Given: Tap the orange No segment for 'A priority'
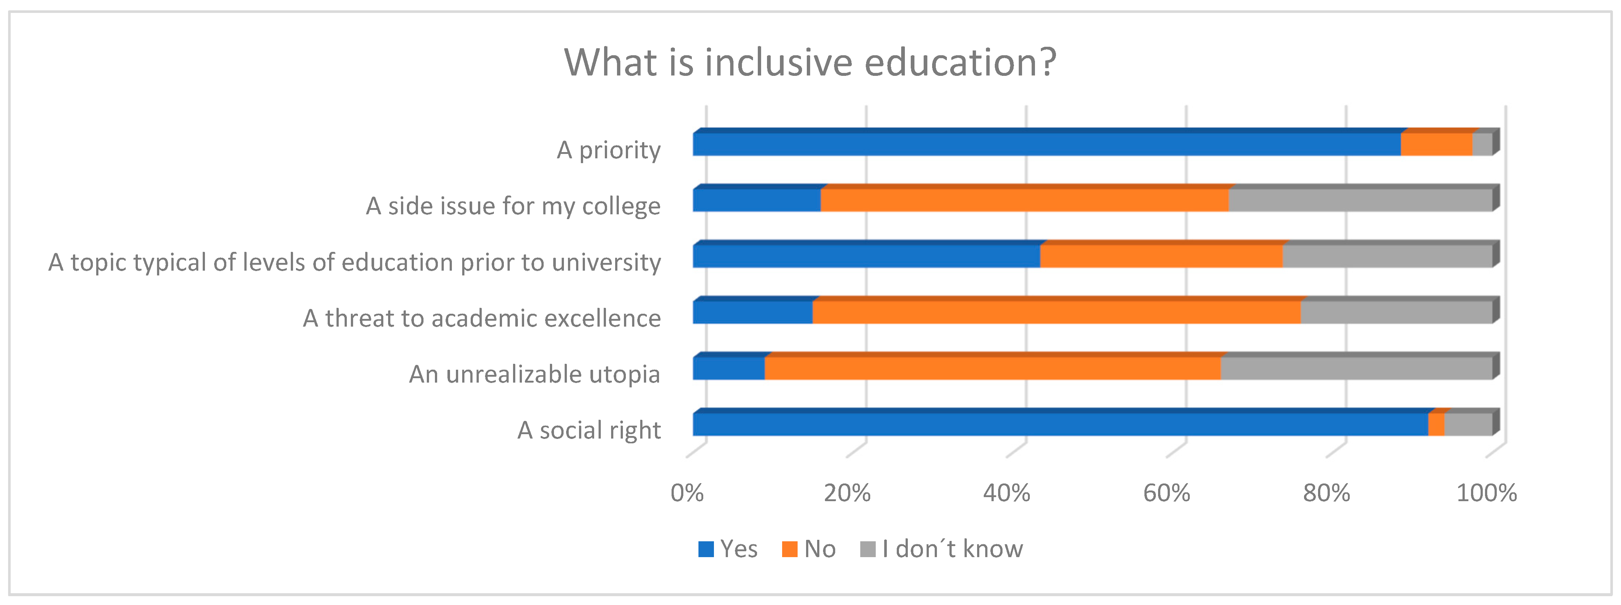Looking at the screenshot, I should pyautogui.click(x=1436, y=144).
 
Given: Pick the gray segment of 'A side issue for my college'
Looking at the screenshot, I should pyautogui.click(x=1360, y=200).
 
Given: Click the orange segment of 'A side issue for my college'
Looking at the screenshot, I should pyautogui.click(x=1024, y=200).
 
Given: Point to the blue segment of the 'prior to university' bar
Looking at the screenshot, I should pyautogui.click(x=866, y=256).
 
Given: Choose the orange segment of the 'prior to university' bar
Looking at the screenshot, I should pyautogui.click(x=1161, y=256).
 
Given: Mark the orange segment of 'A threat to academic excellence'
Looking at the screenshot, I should pyautogui.click(x=1056, y=312).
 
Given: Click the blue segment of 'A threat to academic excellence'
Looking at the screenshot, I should pyautogui.click(x=753, y=312).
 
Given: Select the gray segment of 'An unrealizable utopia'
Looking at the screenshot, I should pyautogui.click(x=1356, y=368).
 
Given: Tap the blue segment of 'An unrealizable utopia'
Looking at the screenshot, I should pyautogui.click(x=729, y=368).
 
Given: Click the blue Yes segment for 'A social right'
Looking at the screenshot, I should pyautogui.click(x=1060, y=424).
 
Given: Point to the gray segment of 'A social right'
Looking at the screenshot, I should pyautogui.click(x=1468, y=424).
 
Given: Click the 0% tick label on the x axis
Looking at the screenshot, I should pyautogui.click(x=687, y=493).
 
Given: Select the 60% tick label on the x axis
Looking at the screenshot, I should pyautogui.click(x=1166, y=493).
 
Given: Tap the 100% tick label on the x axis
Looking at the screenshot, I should pyautogui.click(x=1486, y=493).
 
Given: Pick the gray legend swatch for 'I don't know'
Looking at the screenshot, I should pyautogui.click(x=868, y=549).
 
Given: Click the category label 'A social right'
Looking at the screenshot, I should pyautogui.click(x=589, y=430).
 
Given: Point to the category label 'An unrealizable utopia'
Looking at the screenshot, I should pyautogui.click(x=534, y=374).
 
